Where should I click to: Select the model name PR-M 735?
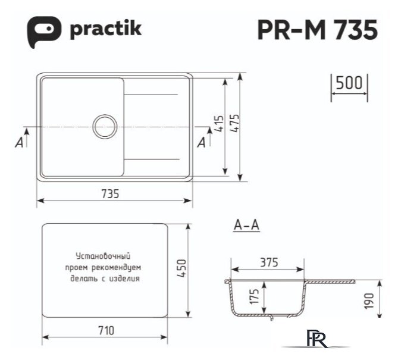click(317, 29)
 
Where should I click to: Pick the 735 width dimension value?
click(111, 193)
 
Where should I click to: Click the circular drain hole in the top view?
click(105, 126)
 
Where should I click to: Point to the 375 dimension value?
click(269, 262)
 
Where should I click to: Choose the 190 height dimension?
click(369, 300)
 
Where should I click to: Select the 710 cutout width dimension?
click(105, 331)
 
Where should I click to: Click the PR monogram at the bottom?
click(315, 339)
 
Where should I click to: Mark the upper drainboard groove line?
click(151, 95)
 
